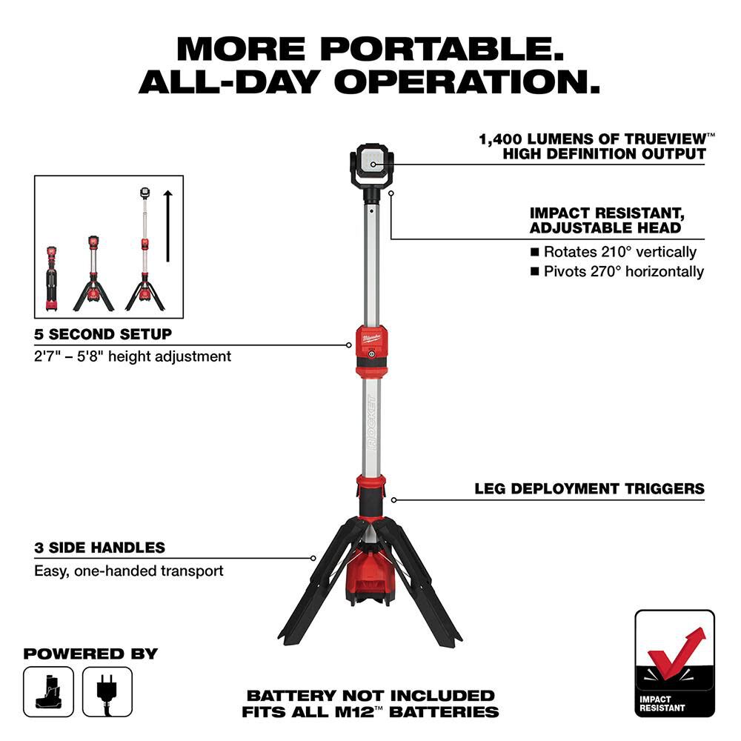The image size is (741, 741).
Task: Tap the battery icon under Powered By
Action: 49,691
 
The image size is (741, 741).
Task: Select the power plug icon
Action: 107,691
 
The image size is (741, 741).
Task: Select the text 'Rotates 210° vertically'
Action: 619,252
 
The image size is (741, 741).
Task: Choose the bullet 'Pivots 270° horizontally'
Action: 623,271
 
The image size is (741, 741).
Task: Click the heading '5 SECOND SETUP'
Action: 103,334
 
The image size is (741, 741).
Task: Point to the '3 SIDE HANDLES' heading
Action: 99,548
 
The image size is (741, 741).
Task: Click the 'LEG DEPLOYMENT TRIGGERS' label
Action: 589,489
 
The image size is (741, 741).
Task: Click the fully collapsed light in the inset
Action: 52,278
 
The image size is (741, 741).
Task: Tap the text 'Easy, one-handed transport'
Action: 128,571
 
